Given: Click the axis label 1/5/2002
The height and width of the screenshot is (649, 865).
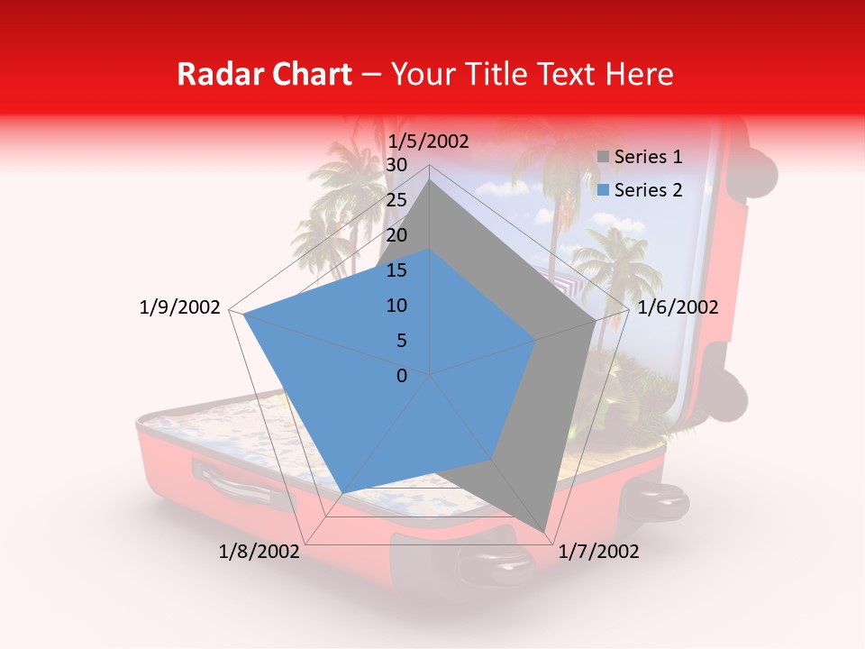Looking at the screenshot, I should pyautogui.click(x=428, y=141).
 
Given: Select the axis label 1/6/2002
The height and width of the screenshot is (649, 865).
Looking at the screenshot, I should pyautogui.click(x=678, y=307).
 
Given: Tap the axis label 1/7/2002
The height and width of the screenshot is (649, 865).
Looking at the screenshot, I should pyautogui.click(x=598, y=552).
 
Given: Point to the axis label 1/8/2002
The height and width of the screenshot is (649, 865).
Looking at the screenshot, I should pyautogui.click(x=259, y=552).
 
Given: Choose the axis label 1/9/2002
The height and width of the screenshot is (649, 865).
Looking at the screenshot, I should pyautogui.click(x=180, y=307).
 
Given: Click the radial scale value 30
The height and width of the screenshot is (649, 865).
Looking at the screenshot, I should pyautogui.click(x=396, y=165).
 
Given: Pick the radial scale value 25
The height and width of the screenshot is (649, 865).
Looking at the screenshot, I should pyautogui.click(x=396, y=200).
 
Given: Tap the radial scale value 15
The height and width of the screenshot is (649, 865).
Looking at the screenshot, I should pyautogui.click(x=396, y=270).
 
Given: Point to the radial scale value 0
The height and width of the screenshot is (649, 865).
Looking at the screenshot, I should pyautogui.click(x=402, y=376).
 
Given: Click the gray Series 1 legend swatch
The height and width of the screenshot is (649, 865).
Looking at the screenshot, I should pyautogui.click(x=604, y=158).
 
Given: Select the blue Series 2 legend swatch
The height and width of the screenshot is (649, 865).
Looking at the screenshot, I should pyautogui.click(x=604, y=190).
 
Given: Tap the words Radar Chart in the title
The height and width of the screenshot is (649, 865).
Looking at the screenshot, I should pyautogui.click(x=264, y=75).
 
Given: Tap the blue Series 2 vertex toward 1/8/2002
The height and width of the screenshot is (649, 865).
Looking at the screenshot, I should pyautogui.click(x=341, y=493).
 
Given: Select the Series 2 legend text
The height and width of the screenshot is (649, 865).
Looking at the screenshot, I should pyautogui.click(x=648, y=190).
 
